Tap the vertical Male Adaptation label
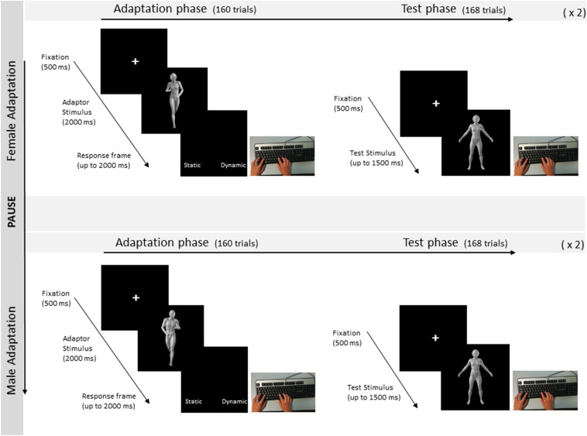[x=12, y=349]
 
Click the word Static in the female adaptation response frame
[x=193, y=165]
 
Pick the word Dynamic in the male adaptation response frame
[x=234, y=401]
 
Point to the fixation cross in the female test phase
[x=435, y=103]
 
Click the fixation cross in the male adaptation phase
[x=136, y=297]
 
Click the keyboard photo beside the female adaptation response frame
[x=282, y=156]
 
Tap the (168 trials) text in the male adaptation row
[x=486, y=244]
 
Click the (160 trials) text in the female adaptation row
[x=233, y=10]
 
